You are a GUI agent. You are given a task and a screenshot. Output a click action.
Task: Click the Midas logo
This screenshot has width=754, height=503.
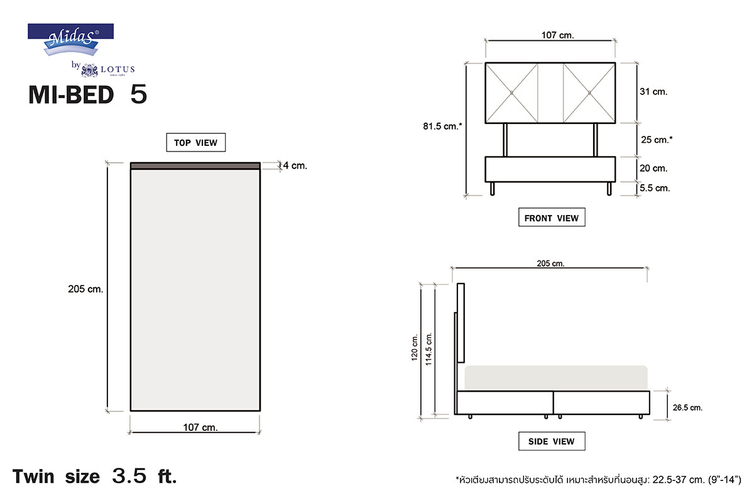coord(70,40)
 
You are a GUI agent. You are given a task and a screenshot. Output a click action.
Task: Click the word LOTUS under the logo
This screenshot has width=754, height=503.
coord(118,69)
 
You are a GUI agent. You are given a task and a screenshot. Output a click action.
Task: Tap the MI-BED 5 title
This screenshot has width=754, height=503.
coord(88,94)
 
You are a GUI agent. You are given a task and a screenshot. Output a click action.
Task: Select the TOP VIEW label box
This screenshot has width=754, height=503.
coord(196,143)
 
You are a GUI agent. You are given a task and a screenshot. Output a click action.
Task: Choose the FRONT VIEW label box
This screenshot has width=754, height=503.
coord(552,218)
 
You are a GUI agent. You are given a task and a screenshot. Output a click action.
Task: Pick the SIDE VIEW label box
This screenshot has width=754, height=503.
coord(552,441)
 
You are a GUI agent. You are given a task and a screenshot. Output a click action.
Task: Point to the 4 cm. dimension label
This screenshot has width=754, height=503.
coord(295,165)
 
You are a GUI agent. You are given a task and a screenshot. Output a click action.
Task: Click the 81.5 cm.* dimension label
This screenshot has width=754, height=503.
coord(442,126)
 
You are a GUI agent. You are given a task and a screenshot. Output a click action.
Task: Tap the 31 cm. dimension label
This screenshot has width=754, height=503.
coord(653,92)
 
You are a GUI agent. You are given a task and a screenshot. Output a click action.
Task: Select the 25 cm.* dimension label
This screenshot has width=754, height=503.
coord(657,140)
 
